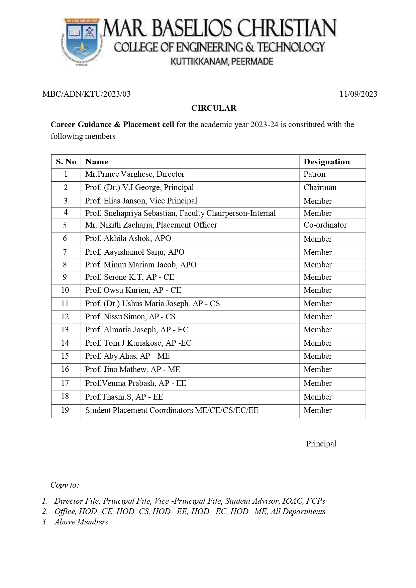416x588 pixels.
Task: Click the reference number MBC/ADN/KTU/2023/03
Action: tap(86, 94)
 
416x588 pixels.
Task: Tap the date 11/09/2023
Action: tap(358, 94)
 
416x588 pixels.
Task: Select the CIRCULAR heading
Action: tap(214, 108)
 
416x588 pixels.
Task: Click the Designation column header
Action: tap(326, 162)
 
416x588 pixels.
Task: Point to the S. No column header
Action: tap(66, 162)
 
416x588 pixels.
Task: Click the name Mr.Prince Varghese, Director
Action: tap(134, 174)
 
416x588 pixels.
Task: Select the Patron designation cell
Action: tap(314, 174)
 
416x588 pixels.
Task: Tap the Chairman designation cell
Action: tap(320, 187)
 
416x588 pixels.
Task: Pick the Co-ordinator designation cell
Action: tap(325, 225)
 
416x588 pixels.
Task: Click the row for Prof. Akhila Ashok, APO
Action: tap(128, 238)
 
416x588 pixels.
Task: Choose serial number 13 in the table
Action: tap(65, 330)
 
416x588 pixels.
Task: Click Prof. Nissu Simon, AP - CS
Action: tap(130, 317)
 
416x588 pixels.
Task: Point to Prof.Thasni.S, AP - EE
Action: tap(124, 397)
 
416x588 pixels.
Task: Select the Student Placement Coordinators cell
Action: tap(172, 410)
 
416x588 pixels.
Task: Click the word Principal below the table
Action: tap(321, 444)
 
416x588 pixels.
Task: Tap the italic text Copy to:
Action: tap(65, 485)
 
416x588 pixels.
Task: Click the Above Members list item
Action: tap(81, 522)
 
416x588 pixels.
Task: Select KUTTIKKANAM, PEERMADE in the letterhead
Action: tap(222, 62)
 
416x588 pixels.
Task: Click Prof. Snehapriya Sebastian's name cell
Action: tap(180, 213)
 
